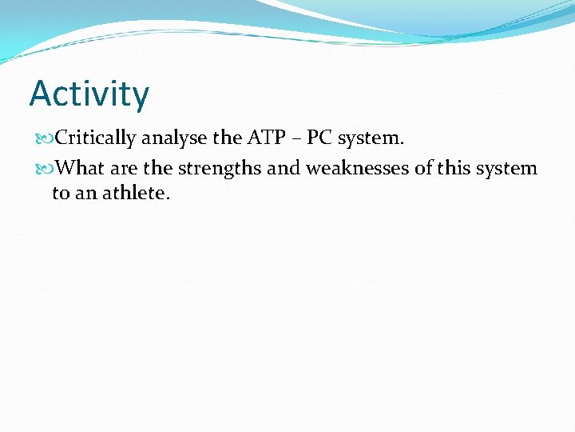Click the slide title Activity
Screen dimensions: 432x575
pos(89,94)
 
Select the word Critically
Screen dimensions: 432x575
pos(97,138)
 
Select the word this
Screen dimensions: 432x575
pos(453,168)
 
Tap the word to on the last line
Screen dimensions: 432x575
pos(61,194)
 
